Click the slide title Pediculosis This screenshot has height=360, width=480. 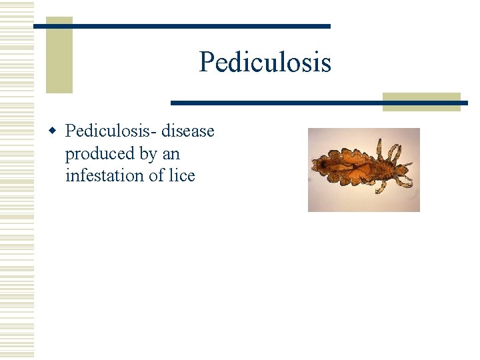pos(265,63)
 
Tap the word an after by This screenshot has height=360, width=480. pos(171,154)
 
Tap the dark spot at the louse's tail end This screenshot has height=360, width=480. pos(317,163)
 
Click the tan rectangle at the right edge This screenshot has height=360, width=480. pos(421,102)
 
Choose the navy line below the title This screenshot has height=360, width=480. pos(319,103)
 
